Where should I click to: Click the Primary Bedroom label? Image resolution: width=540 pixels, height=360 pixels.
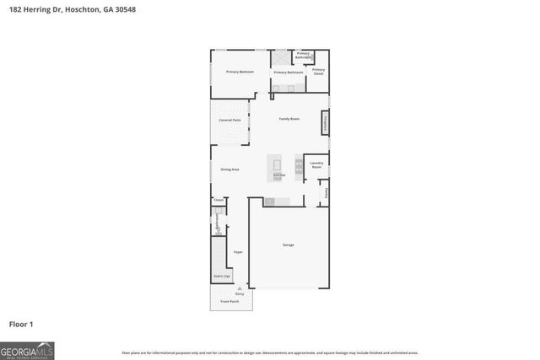tap(240, 72)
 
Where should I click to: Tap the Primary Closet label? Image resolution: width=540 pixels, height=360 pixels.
tap(318, 72)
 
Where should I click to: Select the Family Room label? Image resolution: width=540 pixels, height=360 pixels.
tap(289, 119)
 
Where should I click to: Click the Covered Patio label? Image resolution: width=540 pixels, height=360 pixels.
tap(229, 121)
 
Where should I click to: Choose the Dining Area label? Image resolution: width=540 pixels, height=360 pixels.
tap(229, 169)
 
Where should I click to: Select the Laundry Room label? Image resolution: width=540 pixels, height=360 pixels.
tap(316, 165)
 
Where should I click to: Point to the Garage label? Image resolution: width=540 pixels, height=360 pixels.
tap(288, 244)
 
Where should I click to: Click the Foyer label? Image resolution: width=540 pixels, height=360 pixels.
tap(238, 252)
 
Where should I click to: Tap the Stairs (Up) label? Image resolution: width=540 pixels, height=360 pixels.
tap(221, 277)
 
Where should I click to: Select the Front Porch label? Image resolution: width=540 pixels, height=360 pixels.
tap(230, 300)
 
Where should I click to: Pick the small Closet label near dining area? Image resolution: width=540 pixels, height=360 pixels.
tap(218, 200)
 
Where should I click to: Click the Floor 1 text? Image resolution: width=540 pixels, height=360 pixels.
tap(22, 323)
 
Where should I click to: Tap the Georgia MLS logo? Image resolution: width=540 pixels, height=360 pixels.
tap(27, 350)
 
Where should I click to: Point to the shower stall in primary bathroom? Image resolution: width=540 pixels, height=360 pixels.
tap(280, 58)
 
